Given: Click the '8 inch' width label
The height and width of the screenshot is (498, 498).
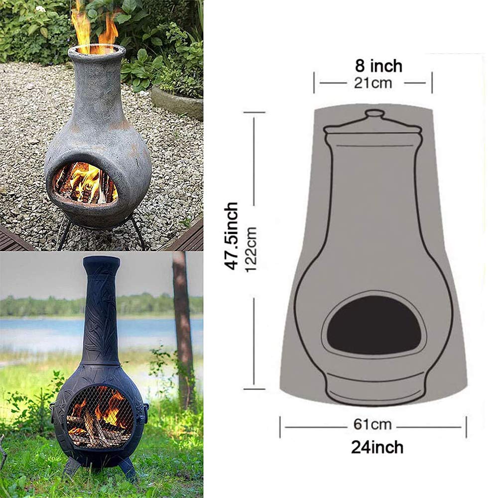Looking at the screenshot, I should [x=378, y=65].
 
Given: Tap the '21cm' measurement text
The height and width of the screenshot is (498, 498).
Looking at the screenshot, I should [x=373, y=83].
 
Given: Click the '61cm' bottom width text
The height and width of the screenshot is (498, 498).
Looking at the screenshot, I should [x=373, y=425].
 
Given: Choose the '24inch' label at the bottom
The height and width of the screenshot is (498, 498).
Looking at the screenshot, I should [x=377, y=447].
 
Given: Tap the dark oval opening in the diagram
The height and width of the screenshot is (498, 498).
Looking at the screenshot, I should [x=373, y=324].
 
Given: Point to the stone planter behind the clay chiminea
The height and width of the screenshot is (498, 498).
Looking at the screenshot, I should [x=177, y=102].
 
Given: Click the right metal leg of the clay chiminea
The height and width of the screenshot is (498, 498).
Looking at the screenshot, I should [x=139, y=234].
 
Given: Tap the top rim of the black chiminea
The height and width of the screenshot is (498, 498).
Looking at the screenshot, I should [x=101, y=260].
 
